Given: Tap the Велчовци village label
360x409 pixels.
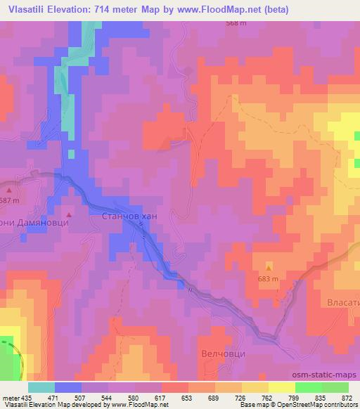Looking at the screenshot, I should [223, 353].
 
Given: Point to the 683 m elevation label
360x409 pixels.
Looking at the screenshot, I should [269, 279].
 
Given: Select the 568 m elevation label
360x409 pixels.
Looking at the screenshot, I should [236, 23].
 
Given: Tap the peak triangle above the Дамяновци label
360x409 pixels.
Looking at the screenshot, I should [68, 214].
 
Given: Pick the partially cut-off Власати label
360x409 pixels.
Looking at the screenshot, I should [344, 303].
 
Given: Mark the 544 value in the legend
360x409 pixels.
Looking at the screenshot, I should [108, 397].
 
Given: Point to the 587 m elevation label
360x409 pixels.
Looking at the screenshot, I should [8, 201].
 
